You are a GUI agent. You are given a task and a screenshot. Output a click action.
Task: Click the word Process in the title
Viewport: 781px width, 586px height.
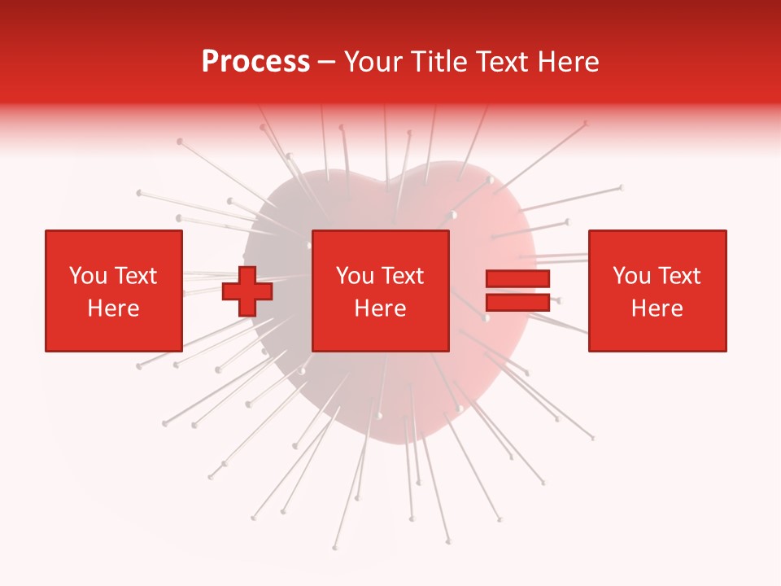(255, 62)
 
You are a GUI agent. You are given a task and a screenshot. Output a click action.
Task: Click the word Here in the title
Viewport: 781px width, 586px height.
(567, 62)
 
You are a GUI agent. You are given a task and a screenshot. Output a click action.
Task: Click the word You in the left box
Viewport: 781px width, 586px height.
(87, 276)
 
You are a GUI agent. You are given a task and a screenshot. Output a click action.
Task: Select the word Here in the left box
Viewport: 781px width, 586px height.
(113, 308)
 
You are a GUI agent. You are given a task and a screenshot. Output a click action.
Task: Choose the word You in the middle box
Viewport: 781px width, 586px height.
(354, 276)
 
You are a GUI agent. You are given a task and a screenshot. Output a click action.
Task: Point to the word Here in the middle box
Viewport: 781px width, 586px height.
(380, 308)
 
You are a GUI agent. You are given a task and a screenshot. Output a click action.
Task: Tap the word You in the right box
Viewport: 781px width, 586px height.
(630, 276)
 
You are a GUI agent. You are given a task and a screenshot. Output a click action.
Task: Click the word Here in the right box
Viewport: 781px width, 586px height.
(657, 308)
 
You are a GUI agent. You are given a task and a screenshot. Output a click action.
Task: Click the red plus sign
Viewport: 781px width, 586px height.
(247, 291)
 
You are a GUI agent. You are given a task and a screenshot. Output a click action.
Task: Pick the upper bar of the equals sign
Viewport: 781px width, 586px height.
(517, 278)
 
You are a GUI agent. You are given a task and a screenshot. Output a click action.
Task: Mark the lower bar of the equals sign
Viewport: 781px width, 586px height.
(517, 302)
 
